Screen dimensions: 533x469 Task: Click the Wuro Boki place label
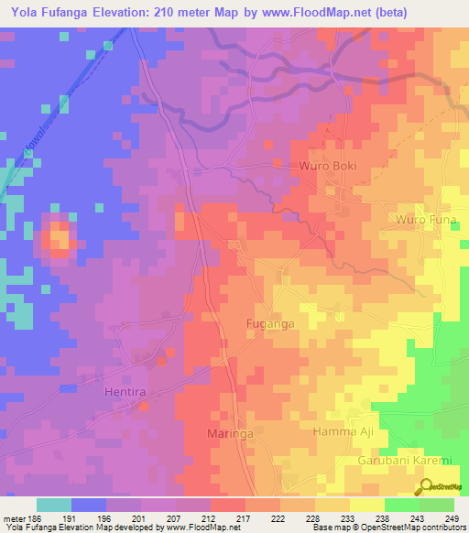coord(327,166)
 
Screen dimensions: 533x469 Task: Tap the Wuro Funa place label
coord(424,220)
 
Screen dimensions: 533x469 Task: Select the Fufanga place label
coord(270,324)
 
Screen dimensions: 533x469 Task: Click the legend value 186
coord(28,518)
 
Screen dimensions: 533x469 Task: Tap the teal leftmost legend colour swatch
coord(53,505)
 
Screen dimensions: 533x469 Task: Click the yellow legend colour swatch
coord(366,505)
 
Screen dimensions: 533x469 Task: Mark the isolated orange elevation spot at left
coord(60,236)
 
